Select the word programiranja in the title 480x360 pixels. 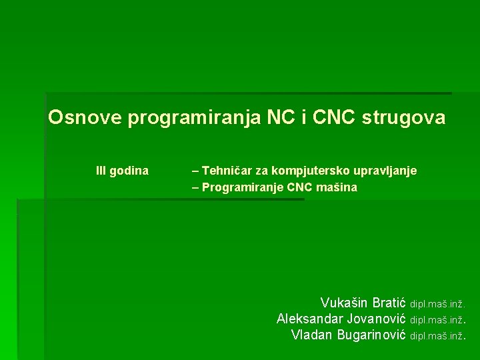tap(194, 119)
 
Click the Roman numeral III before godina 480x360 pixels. tap(101, 171)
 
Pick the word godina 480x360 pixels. tap(129, 171)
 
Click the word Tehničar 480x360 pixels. tap(226, 171)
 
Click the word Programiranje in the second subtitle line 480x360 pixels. tap(243, 188)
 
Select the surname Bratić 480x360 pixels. tap(387, 303)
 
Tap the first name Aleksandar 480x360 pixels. tap(310, 319)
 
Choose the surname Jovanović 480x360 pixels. tap(377, 319)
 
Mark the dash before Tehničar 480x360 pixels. tap(195, 171)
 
